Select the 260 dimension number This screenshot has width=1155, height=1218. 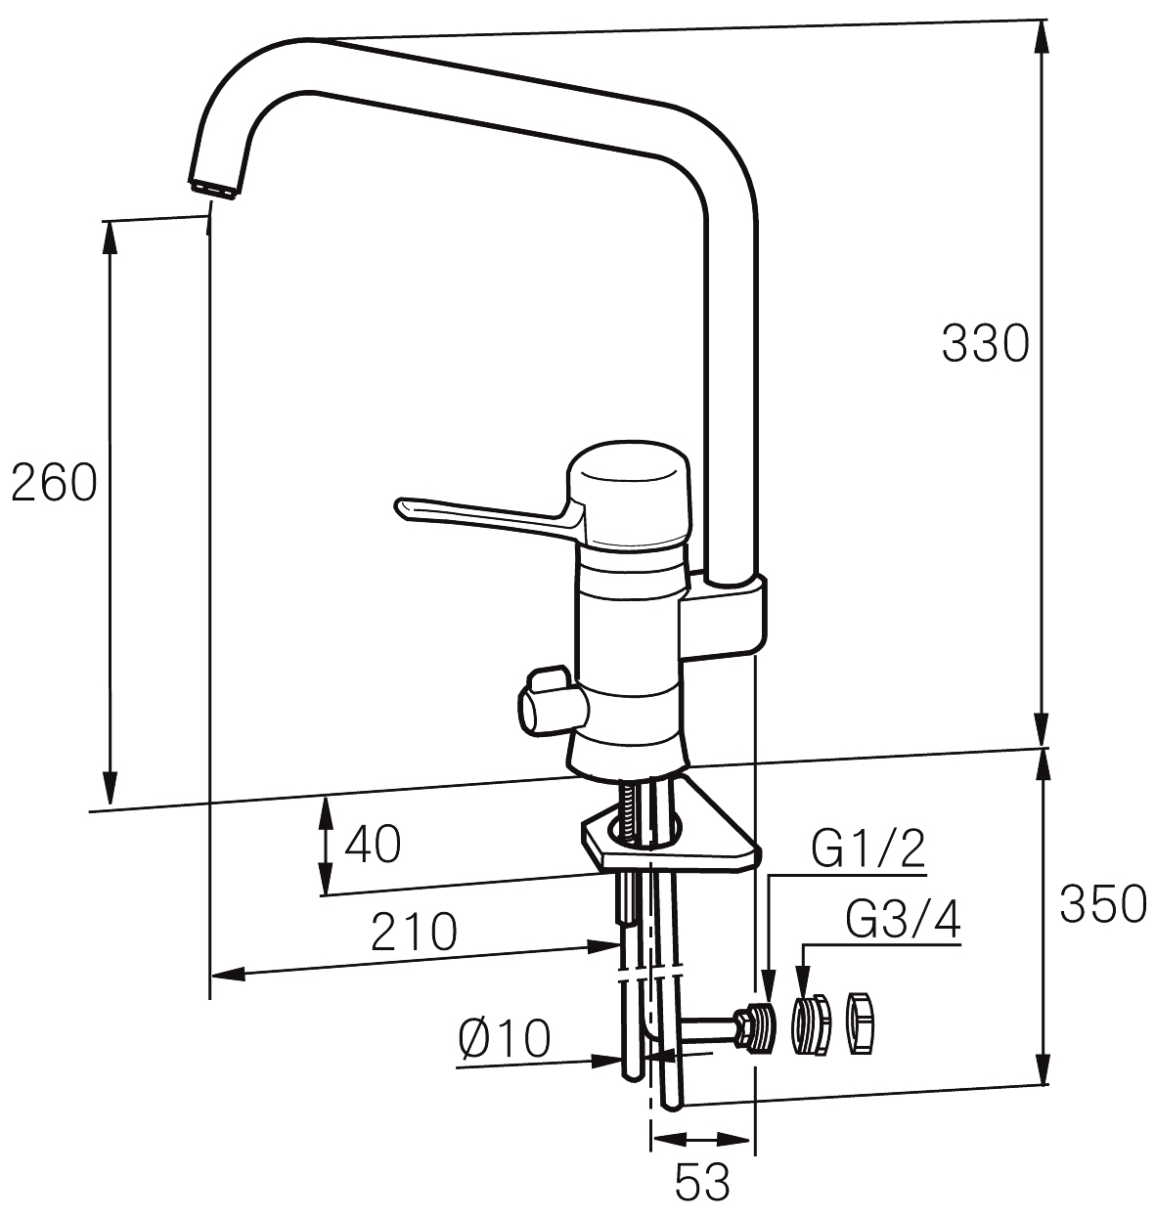55,483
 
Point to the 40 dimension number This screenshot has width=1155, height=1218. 373,844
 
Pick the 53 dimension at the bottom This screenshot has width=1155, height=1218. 702,1182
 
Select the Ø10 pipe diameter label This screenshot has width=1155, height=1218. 504,1038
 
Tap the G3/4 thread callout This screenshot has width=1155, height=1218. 903,920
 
